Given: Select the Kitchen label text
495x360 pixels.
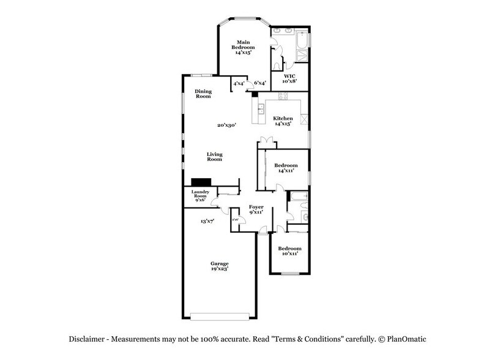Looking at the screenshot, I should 283,121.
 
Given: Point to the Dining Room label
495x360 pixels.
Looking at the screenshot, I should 203,94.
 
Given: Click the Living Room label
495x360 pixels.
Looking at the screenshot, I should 214,157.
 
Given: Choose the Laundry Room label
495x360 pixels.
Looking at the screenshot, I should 200,195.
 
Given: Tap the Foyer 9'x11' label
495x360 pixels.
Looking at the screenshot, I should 256,210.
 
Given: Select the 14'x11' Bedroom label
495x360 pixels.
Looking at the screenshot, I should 286,168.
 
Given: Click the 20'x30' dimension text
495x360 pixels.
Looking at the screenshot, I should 226,125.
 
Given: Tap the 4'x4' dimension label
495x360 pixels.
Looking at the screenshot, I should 239,83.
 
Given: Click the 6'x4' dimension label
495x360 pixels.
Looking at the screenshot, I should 259,83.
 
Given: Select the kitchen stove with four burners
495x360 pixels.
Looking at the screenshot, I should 283,96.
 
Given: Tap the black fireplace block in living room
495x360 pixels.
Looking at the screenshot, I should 201,182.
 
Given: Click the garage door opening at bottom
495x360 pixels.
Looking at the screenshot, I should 220,317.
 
